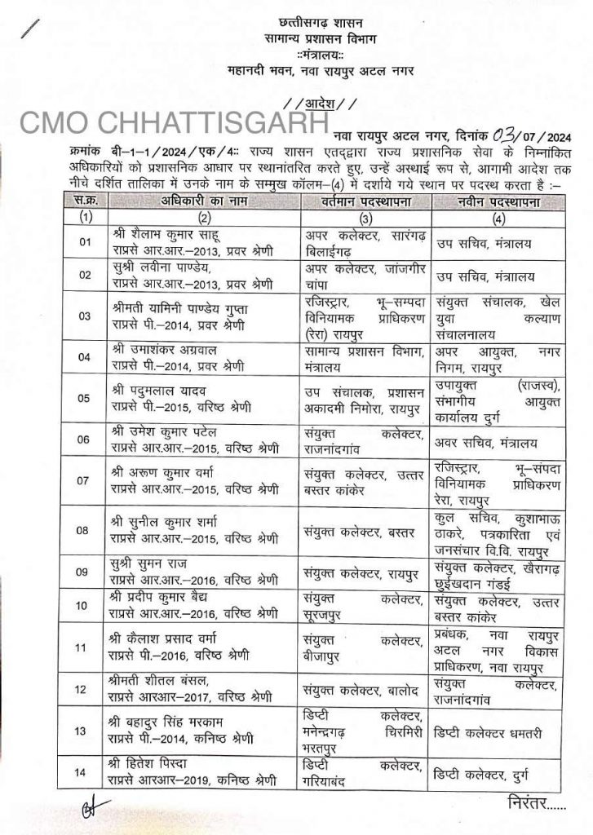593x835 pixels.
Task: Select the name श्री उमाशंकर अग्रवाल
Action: tap(170, 350)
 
